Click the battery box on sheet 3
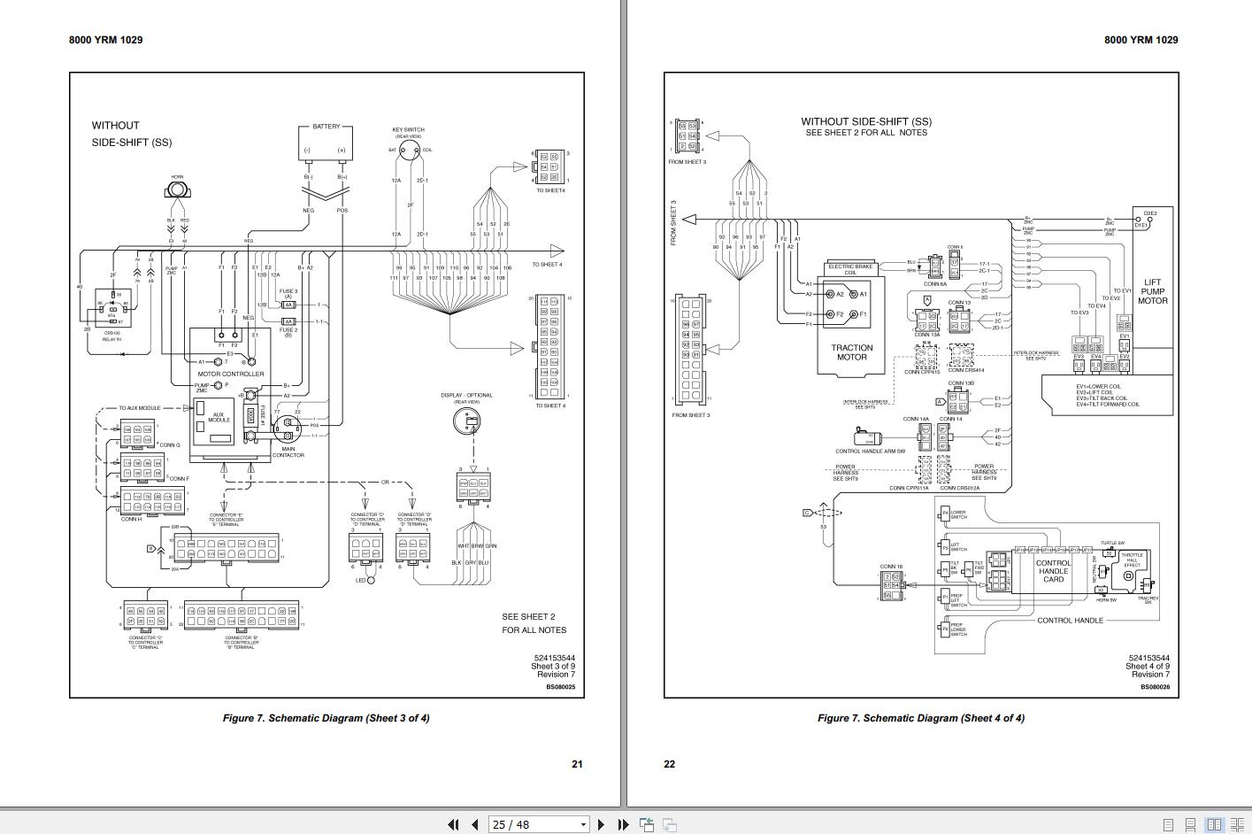326,142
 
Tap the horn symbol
178,189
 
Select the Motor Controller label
230,374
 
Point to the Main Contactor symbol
288,430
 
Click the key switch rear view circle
408,151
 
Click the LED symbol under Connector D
371,580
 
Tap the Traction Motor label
851,352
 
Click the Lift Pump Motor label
1152,291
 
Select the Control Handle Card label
1053,571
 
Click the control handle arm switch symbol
868,437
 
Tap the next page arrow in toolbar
602,824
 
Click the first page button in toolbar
453,824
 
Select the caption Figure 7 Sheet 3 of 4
326,718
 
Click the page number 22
669,764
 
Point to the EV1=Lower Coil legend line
1099,386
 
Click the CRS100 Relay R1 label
112,336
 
